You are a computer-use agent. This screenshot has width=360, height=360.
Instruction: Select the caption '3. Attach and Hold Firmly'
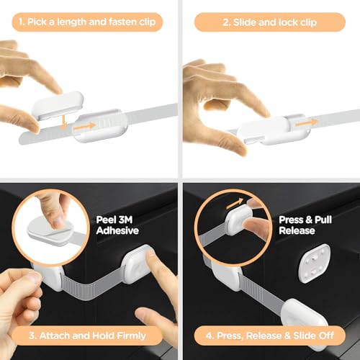point(87,336)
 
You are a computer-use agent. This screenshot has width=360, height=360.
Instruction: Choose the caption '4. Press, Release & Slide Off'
point(270,336)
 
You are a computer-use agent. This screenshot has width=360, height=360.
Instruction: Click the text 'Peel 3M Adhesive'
point(117,225)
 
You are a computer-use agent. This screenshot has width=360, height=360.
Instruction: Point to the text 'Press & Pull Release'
point(305,225)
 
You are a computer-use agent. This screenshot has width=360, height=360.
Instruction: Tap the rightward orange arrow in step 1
point(85,127)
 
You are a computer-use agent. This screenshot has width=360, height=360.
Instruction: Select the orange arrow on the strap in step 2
point(307,122)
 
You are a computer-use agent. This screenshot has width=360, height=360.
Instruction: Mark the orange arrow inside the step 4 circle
point(235,203)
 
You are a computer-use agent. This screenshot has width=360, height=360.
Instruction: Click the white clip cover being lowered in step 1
point(58,105)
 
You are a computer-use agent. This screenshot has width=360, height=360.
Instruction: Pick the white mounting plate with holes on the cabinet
point(314,264)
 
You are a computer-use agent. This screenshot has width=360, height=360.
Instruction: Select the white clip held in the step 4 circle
point(239,220)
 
